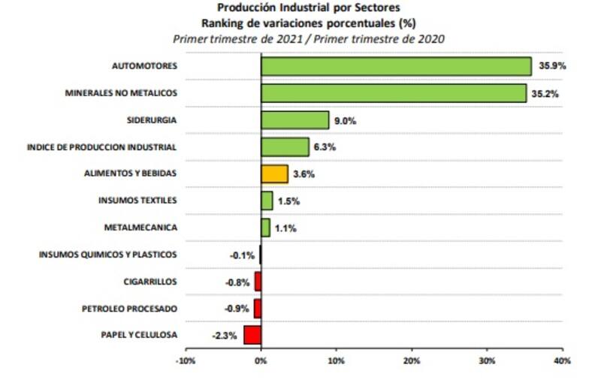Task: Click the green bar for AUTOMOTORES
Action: coord(396,66)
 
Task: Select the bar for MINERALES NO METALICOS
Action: coord(394,93)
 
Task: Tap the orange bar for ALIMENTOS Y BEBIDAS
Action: coord(274,174)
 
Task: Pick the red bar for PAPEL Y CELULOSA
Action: coord(252,335)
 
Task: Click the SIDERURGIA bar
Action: coord(294,120)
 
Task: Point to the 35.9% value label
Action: coord(552,66)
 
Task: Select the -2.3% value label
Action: coord(225,335)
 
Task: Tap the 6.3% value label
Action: coord(325,147)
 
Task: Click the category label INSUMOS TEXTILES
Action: coord(137,201)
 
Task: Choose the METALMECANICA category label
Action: coord(141,228)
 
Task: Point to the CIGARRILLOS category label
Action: coord(150,282)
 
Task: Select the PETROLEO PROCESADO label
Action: coord(129,309)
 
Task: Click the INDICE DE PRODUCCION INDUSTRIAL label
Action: coord(101,147)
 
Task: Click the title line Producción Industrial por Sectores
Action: coord(308,10)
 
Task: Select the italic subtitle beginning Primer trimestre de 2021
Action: coord(308,38)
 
